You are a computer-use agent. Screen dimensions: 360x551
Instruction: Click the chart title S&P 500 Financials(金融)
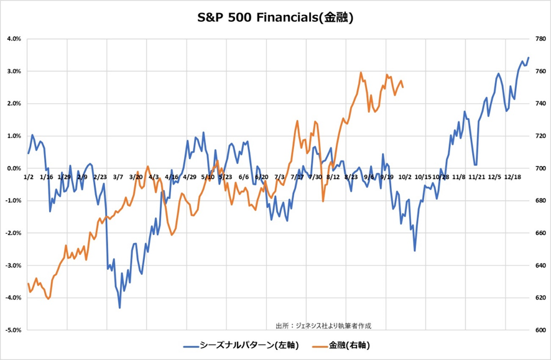(x=275, y=17)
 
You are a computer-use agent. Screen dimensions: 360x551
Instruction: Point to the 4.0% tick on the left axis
(x=14, y=39)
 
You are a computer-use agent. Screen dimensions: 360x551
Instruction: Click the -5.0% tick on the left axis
(x=13, y=330)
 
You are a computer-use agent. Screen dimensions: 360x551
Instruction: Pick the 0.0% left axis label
(x=14, y=168)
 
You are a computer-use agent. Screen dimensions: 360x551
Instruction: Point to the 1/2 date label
(x=28, y=177)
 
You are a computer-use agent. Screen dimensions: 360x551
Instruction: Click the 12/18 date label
(x=513, y=177)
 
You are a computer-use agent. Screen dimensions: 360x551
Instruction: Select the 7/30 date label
(x=315, y=177)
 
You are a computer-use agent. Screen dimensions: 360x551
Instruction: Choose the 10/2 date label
(x=405, y=177)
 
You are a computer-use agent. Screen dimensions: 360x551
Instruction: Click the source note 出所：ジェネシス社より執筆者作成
(x=327, y=325)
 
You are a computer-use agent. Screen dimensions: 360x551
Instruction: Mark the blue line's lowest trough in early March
(x=119, y=308)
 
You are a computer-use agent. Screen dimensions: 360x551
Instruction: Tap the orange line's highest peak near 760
(x=361, y=72)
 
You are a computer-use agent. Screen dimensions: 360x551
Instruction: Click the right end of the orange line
(x=404, y=87)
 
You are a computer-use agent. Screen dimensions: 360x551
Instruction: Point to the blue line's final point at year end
(x=529, y=58)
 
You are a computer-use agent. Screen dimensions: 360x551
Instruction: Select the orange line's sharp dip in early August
(x=323, y=201)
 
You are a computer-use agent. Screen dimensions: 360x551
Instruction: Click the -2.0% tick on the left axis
(x=13, y=233)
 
